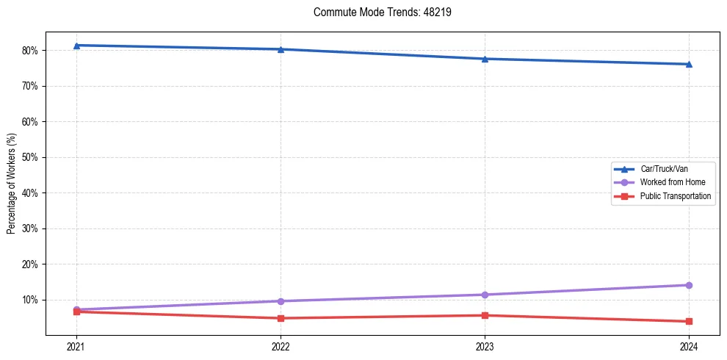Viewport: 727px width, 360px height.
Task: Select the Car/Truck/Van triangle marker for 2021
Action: point(76,46)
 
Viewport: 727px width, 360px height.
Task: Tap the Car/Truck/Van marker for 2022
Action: point(281,49)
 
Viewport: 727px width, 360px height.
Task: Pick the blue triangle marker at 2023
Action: point(485,59)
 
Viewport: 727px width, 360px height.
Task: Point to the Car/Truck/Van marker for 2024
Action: point(689,64)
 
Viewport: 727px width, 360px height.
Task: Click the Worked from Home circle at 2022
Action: point(281,301)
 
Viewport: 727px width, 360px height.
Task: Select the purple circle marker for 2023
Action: point(485,295)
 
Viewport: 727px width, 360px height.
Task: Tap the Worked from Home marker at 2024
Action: point(689,285)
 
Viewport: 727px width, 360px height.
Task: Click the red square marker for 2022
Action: point(281,318)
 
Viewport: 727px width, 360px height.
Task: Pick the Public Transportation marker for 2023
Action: point(485,315)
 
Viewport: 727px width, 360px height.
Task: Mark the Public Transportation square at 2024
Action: point(689,321)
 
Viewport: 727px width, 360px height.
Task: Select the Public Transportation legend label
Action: point(675,196)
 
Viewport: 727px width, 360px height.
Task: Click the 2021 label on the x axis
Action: point(76,346)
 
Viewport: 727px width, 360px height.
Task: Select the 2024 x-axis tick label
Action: point(689,346)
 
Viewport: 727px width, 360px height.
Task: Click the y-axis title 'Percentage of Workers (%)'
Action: point(12,184)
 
